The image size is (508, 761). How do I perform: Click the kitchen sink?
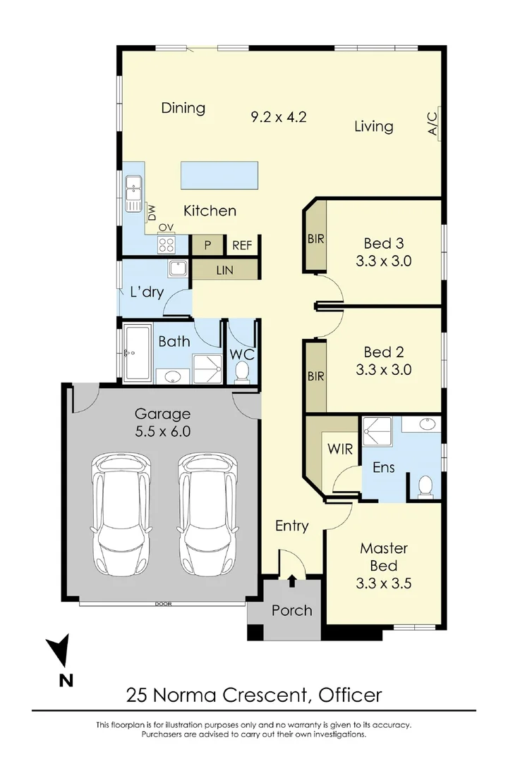coord(132,193)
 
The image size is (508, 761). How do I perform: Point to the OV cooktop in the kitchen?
coord(167,245)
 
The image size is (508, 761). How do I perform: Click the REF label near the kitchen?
coord(242,245)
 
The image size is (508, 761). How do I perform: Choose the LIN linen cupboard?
coord(224,270)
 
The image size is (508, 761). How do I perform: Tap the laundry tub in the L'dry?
coord(176,268)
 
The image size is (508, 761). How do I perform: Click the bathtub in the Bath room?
coord(137,352)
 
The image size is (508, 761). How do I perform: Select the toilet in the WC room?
coord(243,371)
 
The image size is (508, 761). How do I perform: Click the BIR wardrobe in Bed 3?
coord(315,239)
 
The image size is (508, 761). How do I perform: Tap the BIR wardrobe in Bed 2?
coord(315,376)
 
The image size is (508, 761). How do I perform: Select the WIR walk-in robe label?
coord(339,448)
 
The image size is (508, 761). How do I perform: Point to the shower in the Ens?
coord(376,431)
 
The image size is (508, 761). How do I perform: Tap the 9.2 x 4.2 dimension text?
coord(279,117)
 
